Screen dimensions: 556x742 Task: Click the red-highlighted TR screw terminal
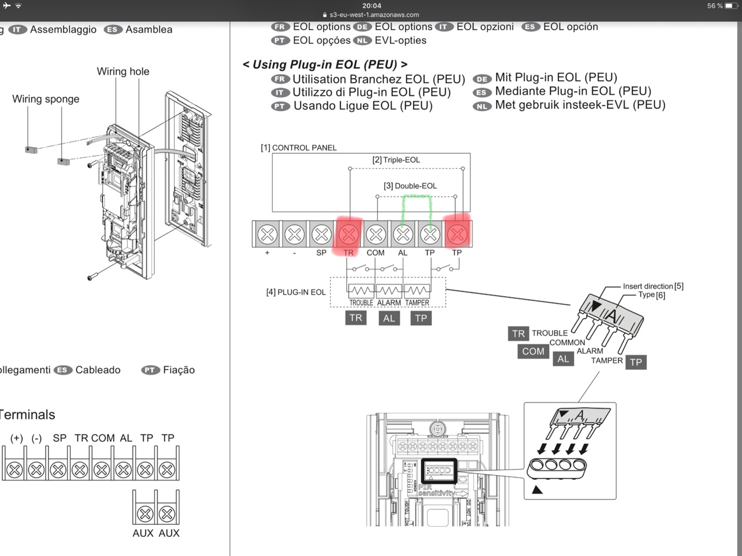point(349,234)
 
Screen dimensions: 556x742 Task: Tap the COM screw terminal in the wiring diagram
point(376,234)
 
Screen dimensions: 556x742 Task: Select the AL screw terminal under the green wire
point(403,234)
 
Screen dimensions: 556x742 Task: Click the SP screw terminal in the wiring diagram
point(322,234)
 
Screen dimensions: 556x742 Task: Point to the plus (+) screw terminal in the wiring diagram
point(267,234)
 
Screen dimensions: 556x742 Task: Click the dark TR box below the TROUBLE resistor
point(356,318)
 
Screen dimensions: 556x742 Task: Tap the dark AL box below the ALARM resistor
point(389,318)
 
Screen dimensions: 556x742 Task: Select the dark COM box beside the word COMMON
point(533,351)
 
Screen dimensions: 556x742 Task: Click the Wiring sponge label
point(46,99)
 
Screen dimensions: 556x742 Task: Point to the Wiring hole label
point(123,71)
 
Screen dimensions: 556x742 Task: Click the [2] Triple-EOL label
point(396,160)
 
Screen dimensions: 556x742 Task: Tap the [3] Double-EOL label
point(410,186)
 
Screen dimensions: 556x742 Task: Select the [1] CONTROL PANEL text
point(299,148)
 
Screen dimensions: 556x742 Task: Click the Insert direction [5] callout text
point(653,286)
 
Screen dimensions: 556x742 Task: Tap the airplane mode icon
point(7,6)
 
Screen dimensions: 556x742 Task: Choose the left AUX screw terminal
point(144,513)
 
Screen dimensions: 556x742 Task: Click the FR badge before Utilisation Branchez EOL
point(280,79)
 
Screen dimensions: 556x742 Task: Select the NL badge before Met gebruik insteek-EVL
point(482,106)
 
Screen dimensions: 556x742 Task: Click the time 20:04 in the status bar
point(372,5)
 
